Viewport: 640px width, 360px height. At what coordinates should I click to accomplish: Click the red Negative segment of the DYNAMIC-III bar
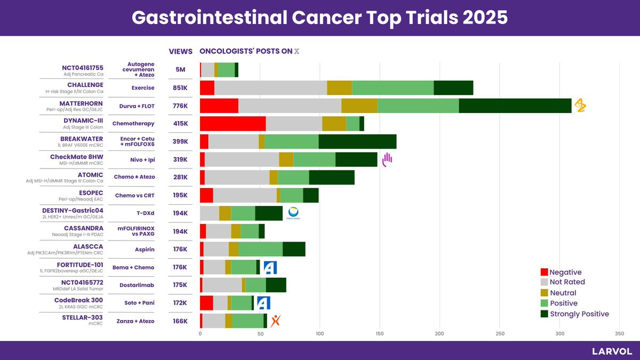tap(233, 124)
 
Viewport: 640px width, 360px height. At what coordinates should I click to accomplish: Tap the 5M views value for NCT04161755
tap(181, 70)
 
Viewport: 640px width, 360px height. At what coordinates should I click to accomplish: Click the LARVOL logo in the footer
tap(612, 351)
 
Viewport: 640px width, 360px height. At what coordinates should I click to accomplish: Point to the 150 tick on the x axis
tap(380, 334)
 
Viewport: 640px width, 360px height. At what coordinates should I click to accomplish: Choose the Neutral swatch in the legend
tap(544, 293)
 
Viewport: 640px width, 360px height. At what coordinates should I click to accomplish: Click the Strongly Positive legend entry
tap(579, 314)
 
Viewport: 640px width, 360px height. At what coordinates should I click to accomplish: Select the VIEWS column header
tap(181, 52)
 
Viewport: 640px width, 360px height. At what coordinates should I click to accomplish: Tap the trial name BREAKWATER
tap(82, 139)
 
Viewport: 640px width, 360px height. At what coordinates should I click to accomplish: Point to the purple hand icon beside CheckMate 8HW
tap(387, 159)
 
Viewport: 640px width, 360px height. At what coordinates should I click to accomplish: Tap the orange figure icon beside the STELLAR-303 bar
tap(275, 321)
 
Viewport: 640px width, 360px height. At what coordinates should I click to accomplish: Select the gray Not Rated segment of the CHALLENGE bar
tap(270, 88)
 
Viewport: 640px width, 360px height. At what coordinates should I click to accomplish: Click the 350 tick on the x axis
tap(619, 334)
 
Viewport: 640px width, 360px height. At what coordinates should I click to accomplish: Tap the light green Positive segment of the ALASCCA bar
tap(260, 249)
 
